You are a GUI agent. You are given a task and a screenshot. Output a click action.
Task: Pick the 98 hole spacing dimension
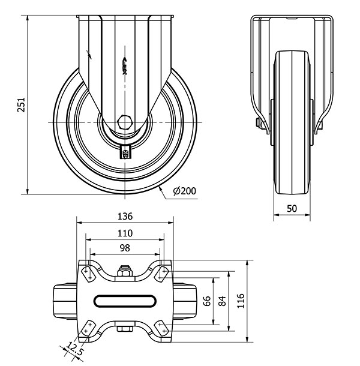pos(125,248)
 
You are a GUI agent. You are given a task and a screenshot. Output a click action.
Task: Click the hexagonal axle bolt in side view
pos(126,122)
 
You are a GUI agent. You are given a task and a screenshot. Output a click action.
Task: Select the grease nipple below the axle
pos(126,152)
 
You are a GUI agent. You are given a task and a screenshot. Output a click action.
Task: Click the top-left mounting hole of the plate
pos(87,274)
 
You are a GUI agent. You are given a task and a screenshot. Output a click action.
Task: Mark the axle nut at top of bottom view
pos(125,273)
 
